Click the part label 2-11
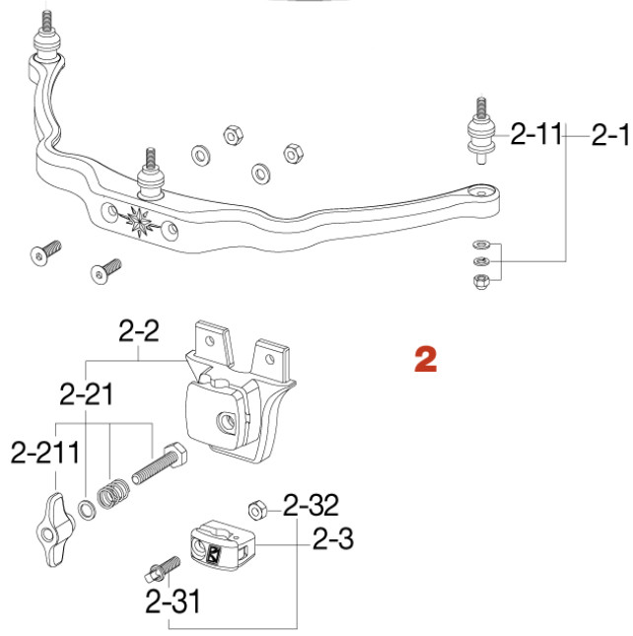click(534, 135)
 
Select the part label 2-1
click(609, 135)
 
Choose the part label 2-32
click(311, 507)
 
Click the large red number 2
click(424, 359)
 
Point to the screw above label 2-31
click(162, 569)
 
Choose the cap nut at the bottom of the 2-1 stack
click(480, 281)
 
